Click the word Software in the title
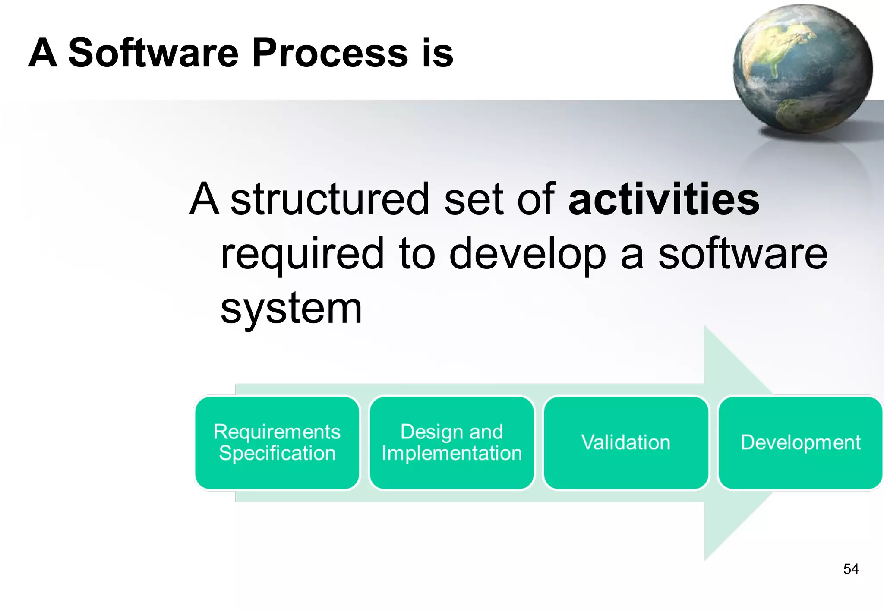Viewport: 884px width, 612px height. pyautogui.click(x=153, y=53)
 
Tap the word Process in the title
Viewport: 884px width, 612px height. pyautogui.click(x=330, y=53)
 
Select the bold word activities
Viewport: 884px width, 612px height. pyautogui.click(x=664, y=199)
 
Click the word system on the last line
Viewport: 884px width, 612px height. pyautogui.click(x=291, y=309)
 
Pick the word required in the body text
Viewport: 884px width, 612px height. pyautogui.click(x=302, y=255)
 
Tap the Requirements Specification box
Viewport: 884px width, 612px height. pyautogui.click(x=277, y=443)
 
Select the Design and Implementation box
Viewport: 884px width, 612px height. pyautogui.click(x=451, y=443)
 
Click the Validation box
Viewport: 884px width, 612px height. pyautogui.click(x=626, y=443)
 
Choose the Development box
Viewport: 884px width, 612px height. pyautogui.click(x=800, y=443)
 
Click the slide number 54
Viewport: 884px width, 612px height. pyautogui.click(x=851, y=569)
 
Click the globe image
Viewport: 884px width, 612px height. pyautogui.click(x=803, y=69)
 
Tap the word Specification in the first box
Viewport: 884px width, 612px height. pyautogui.click(x=277, y=454)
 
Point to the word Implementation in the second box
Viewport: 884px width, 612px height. pyautogui.click(x=451, y=454)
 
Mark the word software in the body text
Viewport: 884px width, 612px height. pyautogui.click(x=742, y=255)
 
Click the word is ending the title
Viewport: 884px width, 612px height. pyautogui.click(x=438, y=53)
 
